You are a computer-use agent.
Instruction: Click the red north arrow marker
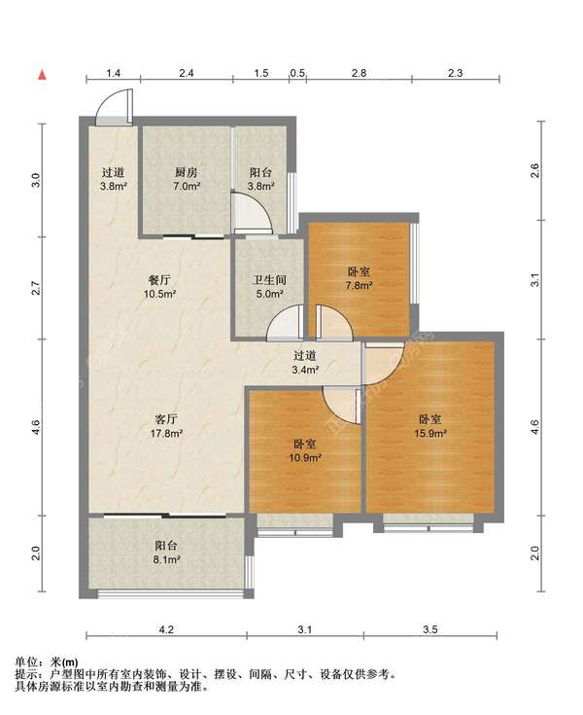(x=43, y=75)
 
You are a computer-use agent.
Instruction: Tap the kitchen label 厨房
(x=187, y=172)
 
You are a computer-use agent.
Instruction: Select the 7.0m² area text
(x=187, y=186)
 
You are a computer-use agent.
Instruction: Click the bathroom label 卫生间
(x=270, y=280)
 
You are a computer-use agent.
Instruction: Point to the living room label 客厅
(x=166, y=419)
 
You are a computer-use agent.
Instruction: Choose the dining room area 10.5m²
(x=160, y=294)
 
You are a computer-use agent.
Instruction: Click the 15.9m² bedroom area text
(x=429, y=433)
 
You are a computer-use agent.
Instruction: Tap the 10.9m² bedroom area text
(x=305, y=457)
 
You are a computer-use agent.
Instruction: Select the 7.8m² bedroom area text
(x=359, y=286)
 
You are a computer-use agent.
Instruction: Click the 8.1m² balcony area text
(x=167, y=559)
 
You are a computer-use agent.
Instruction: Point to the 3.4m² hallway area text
(x=305, y=370)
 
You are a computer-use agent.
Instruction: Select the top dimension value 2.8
(x=359, y=73)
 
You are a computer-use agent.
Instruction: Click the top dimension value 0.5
(x=297, y=73)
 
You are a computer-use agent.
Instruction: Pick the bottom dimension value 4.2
(x=166, y=629)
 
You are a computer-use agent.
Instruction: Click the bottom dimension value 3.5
(x=429, y=629)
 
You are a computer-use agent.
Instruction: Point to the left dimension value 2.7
(x=36, y=288)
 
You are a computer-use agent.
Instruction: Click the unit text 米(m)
(x=64, y=661)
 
